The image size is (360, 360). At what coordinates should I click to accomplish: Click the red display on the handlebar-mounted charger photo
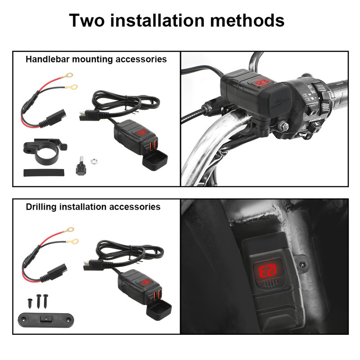261,83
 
